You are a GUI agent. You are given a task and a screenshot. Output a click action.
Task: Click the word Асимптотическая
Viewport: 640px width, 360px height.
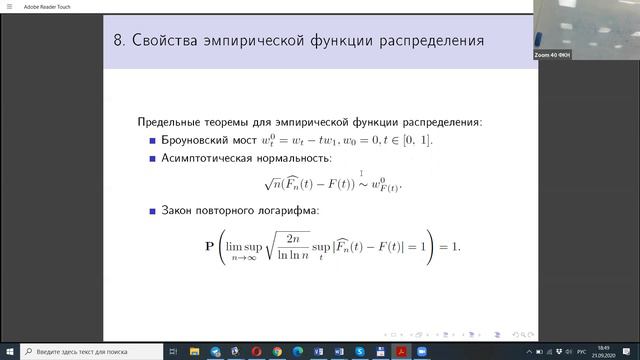216,158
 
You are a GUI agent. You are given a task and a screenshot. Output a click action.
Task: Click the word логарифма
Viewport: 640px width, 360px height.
285,211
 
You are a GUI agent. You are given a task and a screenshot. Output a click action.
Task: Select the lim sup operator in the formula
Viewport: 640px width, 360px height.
244,244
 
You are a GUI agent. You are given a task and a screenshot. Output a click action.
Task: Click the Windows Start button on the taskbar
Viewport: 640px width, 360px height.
9,352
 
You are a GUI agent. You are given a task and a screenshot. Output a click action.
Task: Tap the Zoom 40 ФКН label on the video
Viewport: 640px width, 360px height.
553,55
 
